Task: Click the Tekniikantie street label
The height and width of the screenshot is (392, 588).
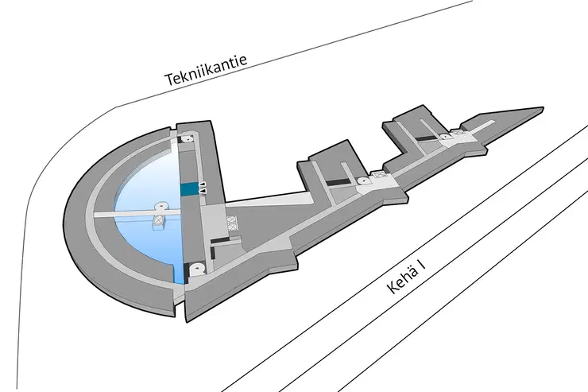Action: click(x=207, y=70)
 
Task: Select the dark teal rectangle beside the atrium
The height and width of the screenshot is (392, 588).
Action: click(x=188, y=189)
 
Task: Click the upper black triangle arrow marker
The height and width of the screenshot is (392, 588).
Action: click(x=203, y=184)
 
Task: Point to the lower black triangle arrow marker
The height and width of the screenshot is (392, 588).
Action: click(x=203, y=192)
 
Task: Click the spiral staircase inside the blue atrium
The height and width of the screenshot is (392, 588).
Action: click(x=161, y=207)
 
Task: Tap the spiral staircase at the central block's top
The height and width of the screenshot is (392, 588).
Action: click(x=187, y=139)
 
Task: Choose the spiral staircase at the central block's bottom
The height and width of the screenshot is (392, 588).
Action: click(x=196, y=269)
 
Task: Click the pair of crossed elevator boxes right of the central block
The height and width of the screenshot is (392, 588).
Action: click(x=233, y=223)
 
